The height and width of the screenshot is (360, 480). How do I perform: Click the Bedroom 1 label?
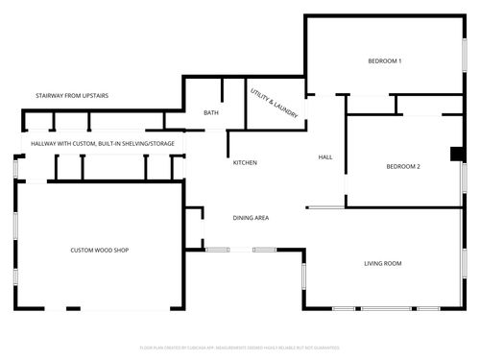384,61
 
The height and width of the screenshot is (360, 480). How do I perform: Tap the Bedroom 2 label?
403,166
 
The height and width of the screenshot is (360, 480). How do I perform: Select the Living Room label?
382,263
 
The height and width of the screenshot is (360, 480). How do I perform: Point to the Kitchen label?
245,162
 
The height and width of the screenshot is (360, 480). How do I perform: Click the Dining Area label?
251,218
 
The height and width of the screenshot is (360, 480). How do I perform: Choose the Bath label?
211,112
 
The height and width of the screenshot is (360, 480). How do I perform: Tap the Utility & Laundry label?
274,104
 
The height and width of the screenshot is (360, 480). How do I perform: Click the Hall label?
324,156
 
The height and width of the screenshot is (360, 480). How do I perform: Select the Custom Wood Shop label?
99,251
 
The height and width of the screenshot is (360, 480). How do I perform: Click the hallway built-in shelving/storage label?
102,144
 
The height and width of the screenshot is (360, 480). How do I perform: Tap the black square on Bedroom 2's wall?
457,154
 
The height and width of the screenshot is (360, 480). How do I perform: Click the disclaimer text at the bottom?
240,347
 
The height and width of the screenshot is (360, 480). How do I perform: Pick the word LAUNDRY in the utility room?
285,110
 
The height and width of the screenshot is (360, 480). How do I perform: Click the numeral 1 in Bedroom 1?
399,61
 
